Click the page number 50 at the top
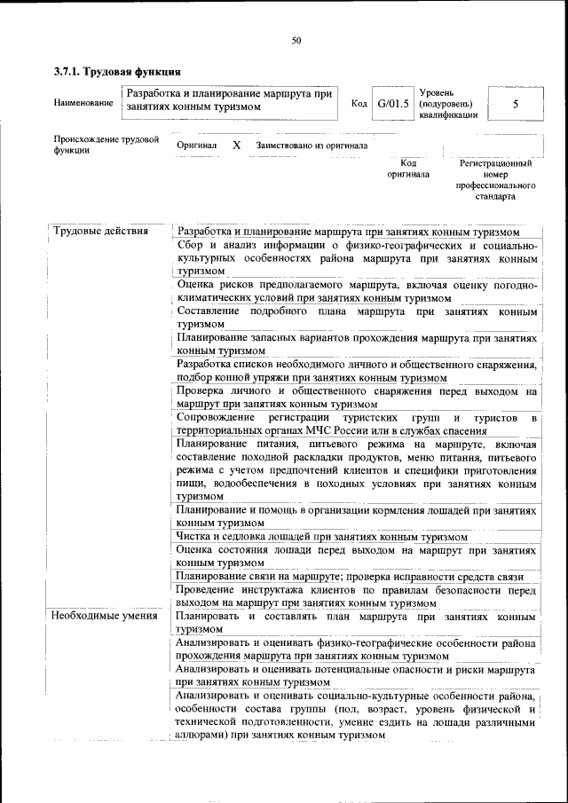pyautogui.click(x=296, y=38)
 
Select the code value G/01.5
pyautogui.click(x=392, y=103)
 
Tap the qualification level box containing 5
pyautogui.click(x=516, y=103)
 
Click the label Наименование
pyautogui.click(x=83, y=103)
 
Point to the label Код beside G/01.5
pyautogui.click(x=359, y=103)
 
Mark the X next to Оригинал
pyautogui.click(x=236, y=145)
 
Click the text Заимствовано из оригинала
pyautogui.click(x=312, y=145)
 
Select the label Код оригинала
pyautogui.click(x=408, y=169)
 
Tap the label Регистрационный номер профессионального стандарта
pyautogui.click(x=495, y=180)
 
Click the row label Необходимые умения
pyautogui.click(x=105, y=616)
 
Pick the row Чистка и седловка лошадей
pyautogui.click(x=321, y=537)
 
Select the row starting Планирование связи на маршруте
pyautogui.click(x=355, y=576)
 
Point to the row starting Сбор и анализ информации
pyautogui.click(x=355, y=257)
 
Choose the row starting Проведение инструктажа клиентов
pyautogui.click(x=355, y=596)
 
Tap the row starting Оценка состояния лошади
pyautogui.click(x=355, y=555)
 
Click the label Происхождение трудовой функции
pyautogui.click(x=106, y=145)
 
